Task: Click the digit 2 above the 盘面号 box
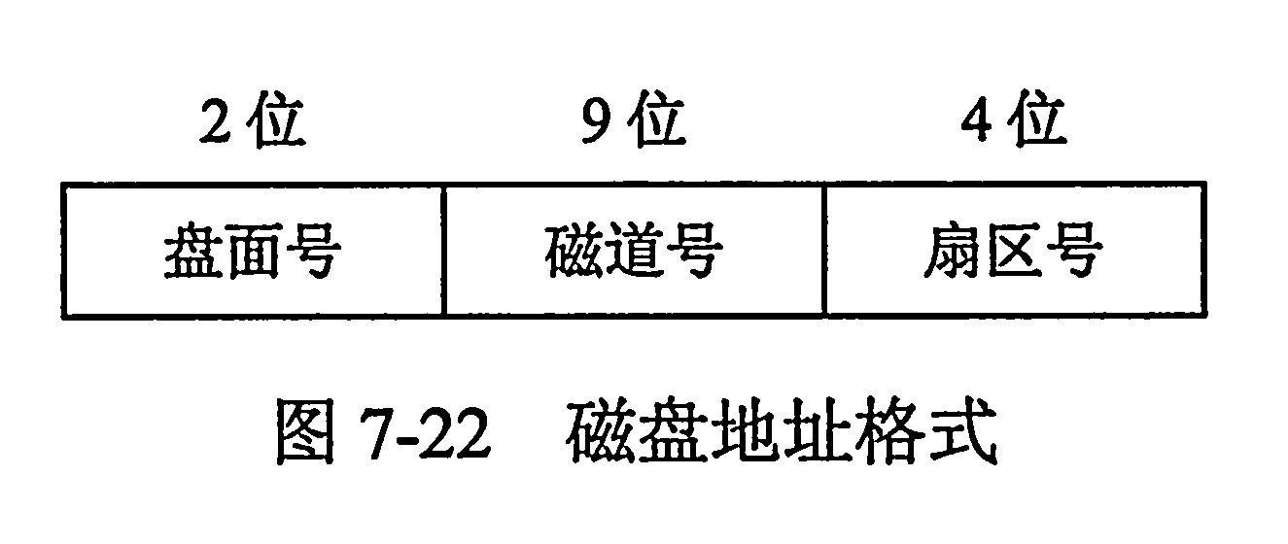215,121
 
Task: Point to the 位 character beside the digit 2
275,119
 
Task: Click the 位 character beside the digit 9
656,119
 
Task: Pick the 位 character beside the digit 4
1037,119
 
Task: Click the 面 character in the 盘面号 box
253,251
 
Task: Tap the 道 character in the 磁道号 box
633,251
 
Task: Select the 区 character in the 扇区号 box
1014,251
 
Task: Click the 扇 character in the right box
954,251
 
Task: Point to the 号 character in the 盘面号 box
313,251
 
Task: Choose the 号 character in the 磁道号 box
694,251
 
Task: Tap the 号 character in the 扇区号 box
1075,251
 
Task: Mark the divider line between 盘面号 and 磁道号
443,251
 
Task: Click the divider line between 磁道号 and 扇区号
824,251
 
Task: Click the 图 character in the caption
306,431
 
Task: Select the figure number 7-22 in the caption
425,433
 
